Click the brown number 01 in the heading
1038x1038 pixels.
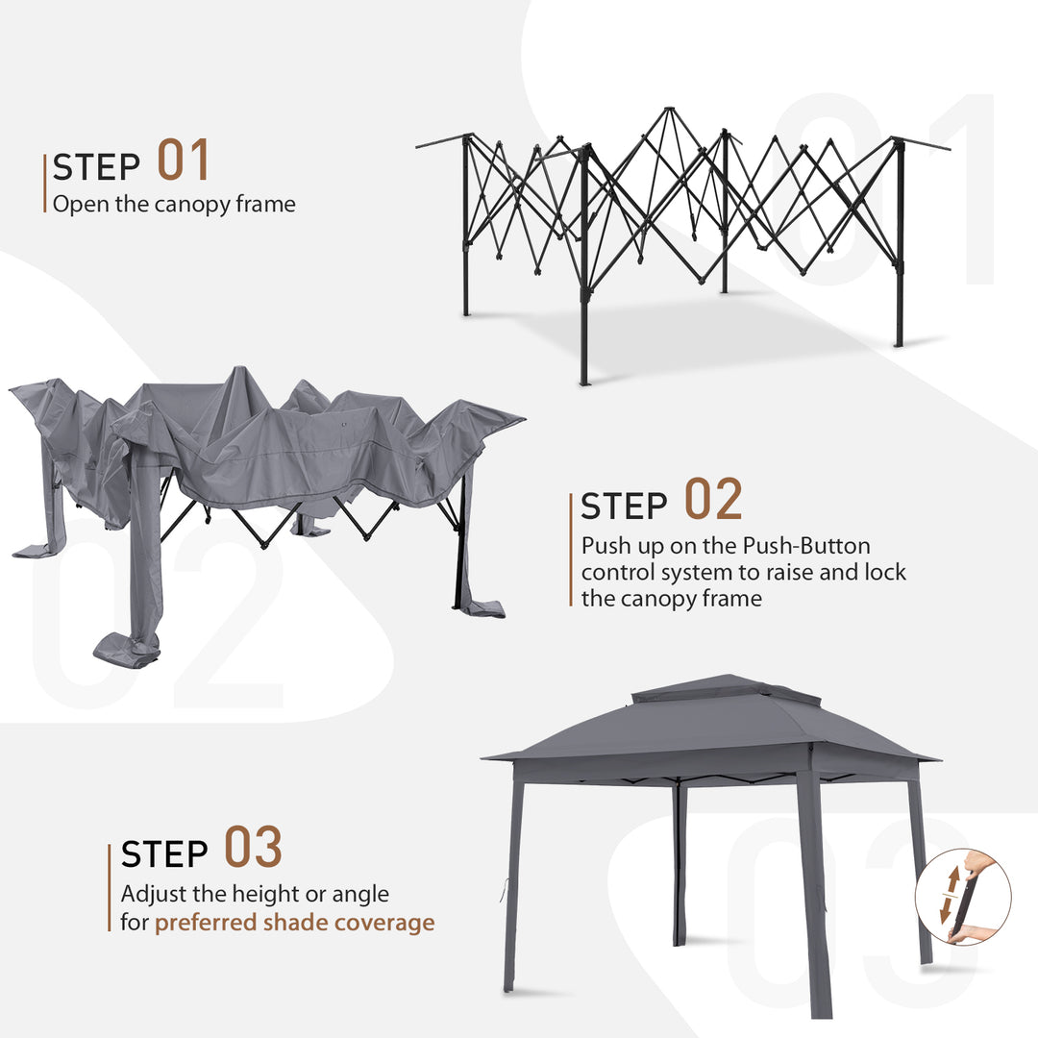click(183, 161)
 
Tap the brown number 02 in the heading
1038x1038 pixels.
click(713, 500)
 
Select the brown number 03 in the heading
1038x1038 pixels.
click(254, 848)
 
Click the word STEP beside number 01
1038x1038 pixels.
click(97, 167)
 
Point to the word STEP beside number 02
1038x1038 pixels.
click(624, 507)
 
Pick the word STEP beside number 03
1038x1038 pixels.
click(164, 854)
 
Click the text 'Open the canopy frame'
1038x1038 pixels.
click(174, 204)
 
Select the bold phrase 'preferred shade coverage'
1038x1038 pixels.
click(294, 923)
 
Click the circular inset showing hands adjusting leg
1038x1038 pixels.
click(962, 897)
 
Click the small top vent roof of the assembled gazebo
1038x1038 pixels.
click(727, 689)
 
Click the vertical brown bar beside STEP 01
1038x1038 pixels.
click(45, 183)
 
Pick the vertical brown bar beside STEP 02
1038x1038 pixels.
click(572, 550)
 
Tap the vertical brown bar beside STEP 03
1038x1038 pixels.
click(110, 887)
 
